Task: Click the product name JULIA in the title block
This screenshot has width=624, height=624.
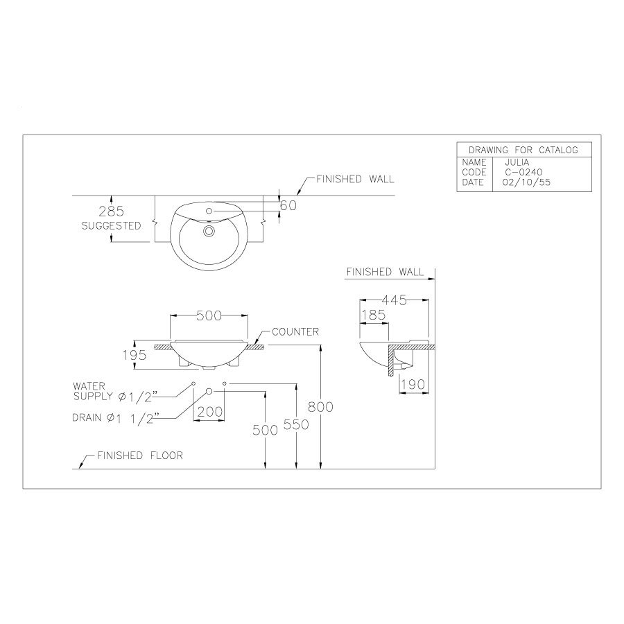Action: pos(517,162)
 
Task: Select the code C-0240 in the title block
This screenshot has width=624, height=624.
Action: pos(523,173)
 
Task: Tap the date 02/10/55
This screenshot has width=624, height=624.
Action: pos(526,182)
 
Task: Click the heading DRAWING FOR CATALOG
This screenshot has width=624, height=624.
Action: pos(523,150)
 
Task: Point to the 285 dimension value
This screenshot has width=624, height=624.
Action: pos(111,211)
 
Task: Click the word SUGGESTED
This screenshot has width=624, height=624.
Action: pos(111,225)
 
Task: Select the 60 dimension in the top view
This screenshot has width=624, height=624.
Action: pos(288,205)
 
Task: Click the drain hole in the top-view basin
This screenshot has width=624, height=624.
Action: pos(209,230)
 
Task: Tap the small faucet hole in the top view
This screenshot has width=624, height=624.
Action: pos(209,211)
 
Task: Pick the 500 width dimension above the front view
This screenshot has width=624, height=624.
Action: pos(209,315)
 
